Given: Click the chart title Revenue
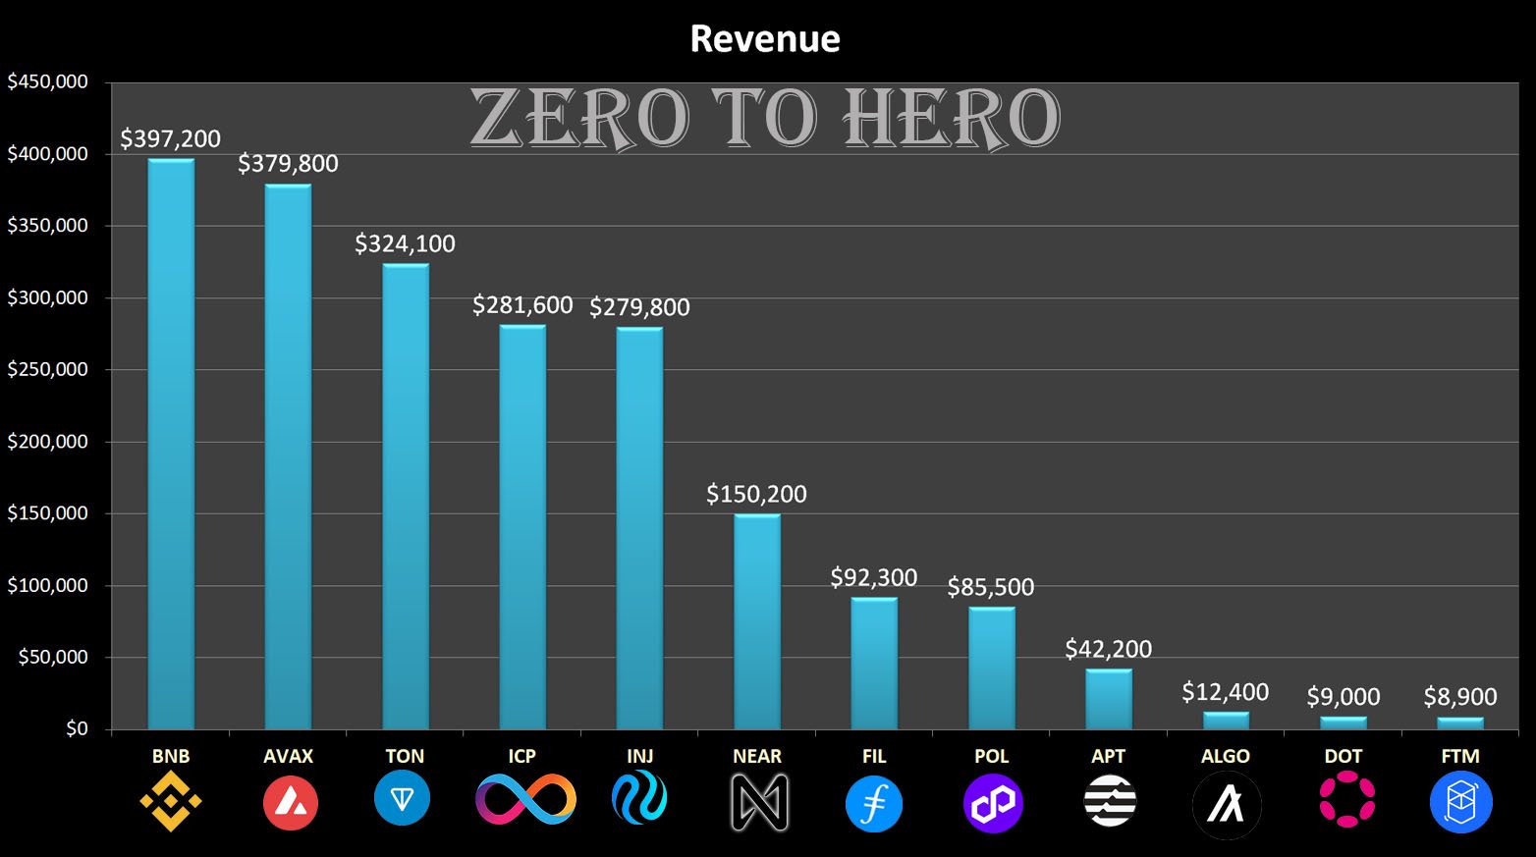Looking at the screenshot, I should point(765,39).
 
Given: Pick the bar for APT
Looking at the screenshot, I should point(1109,699).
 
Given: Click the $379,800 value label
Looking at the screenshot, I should point(288,163).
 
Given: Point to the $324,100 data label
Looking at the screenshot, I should point(405,243).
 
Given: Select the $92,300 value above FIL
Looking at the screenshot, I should point(874,577).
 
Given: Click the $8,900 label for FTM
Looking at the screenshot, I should point(1460,697).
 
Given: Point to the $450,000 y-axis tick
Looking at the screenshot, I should point(48,81).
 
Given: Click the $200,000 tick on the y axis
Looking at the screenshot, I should point(48,442).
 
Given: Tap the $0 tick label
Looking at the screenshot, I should point(77,728).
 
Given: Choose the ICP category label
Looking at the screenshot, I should point(522,756).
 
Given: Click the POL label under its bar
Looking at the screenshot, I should point(992,756).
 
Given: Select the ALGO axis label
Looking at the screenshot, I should point(1226,756).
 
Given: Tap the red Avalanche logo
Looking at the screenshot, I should point(290,802).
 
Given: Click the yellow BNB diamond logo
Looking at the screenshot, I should point(171,801).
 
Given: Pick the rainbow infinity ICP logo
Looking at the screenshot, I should point(525,799).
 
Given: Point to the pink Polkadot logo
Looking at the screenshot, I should point(1346,799).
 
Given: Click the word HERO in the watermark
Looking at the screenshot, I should point(951,119).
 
